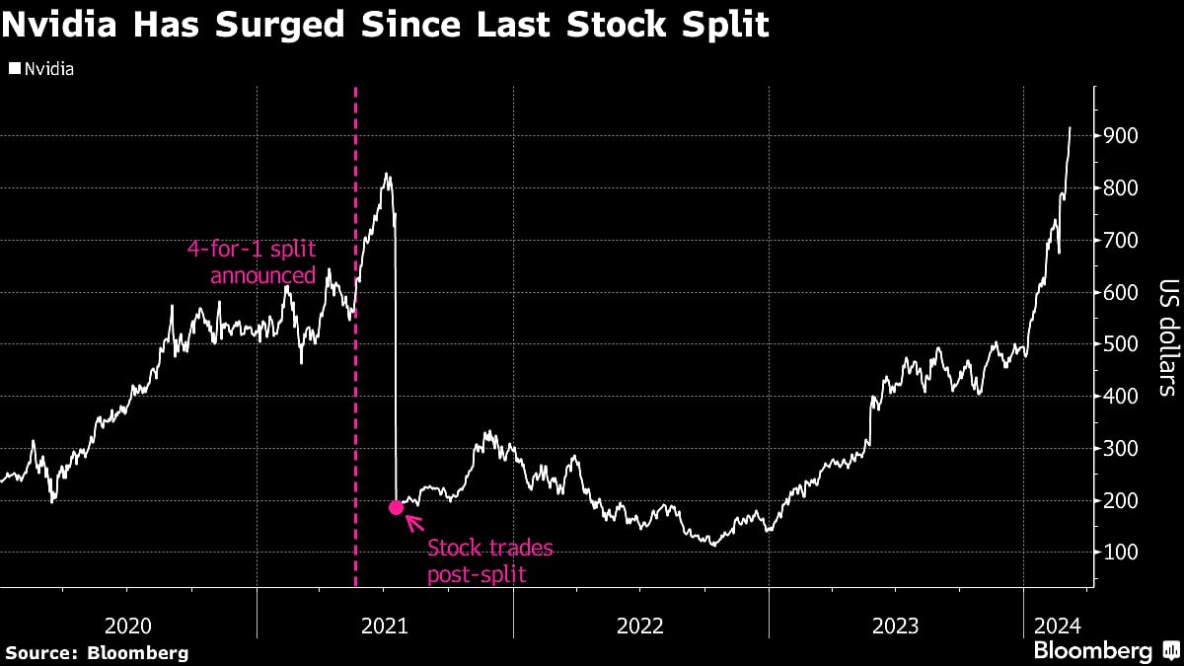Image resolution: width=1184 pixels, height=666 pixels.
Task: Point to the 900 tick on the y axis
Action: click(x=1122, y=135)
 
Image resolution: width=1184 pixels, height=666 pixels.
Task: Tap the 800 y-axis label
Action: click(x=1122, y=187)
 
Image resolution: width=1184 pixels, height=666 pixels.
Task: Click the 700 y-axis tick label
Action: click(x=1122, y=240)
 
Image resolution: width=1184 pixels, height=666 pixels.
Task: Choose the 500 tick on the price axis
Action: click(x=1122, y=344)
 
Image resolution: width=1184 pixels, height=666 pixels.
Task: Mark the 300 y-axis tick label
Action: click(x=1122, y=448)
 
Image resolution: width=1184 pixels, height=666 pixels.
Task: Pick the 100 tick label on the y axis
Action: click(x=1122, y=553)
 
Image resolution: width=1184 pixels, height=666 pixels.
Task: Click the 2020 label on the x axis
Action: click(x=127, y=625)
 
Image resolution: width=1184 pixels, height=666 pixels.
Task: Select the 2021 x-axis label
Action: click(x=384, y=625)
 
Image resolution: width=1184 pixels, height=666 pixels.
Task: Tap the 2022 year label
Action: click(x=640, y=625)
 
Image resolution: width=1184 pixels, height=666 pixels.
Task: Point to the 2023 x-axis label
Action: click(x=896, y=625)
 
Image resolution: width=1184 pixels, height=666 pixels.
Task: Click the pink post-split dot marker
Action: click(x=396, y=507)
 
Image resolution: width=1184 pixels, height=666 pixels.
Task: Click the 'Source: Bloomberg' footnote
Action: click(x=97, y=652)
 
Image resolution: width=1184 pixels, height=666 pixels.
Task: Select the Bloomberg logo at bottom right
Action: click(x=1104, y=650)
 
